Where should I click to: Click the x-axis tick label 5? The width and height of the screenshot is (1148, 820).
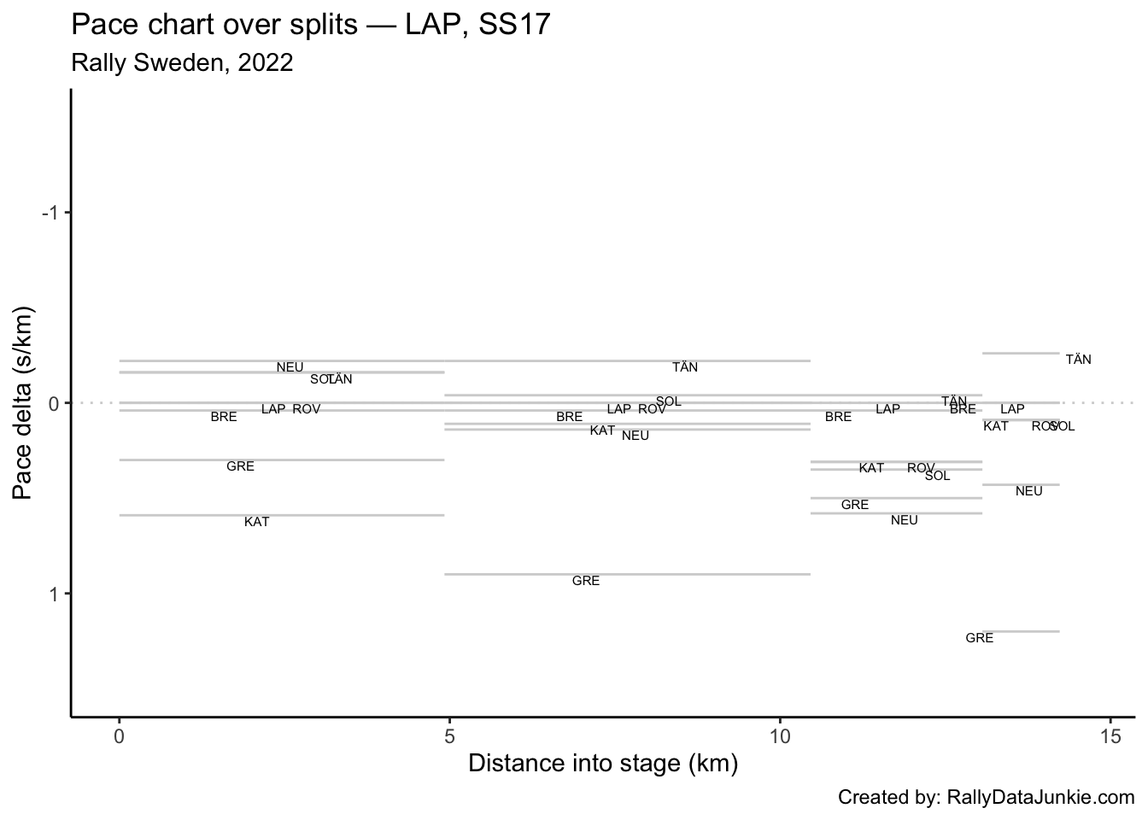(x=449, y=736)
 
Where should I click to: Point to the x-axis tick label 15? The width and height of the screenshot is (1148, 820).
(x=1110, y=736)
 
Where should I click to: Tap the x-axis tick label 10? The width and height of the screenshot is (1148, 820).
(x=780, y=736)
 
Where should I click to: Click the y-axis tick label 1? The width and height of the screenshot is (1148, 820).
(x=55, y=594)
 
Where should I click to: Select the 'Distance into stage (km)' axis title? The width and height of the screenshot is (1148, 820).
(x=603, y=764)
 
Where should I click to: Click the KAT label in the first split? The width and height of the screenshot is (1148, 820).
(x=256, y=522)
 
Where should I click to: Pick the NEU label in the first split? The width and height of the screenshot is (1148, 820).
(x=290, y=367)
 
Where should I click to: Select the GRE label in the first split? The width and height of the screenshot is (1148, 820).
(x=240, y=466)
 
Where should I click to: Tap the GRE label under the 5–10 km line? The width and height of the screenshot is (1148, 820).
(x=585, y=581)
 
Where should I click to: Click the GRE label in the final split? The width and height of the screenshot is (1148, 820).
(x=979, y=638)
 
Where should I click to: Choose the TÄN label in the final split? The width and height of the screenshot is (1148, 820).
(x=1078, y=360)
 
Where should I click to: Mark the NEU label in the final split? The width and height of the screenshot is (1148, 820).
(x=1028, y=491)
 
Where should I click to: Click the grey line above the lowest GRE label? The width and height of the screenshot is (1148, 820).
(x=1022, y=631)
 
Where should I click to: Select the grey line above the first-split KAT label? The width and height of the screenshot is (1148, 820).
(x=282, y=515)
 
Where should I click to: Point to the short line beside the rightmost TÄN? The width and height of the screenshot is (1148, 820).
(x=1022, y=353)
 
